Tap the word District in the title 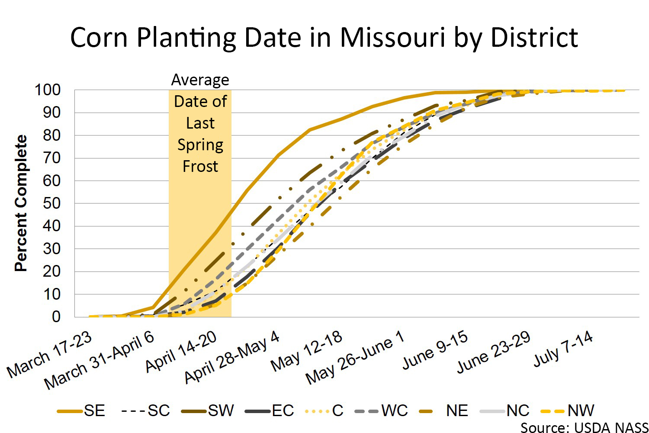(x=534, y=37)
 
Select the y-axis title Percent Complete (x=21, y=203)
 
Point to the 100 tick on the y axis (x=48, y=90)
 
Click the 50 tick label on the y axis (x=52, y=204)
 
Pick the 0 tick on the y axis (x=56, y=317)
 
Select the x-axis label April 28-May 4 (x=232, y=357)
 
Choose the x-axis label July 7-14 (x=563, y=349)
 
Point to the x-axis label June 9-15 (x=435, y=350)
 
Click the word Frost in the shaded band (x=200, y=166)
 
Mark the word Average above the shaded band (x=200, y=80)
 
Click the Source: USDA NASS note (x=584, y=427)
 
